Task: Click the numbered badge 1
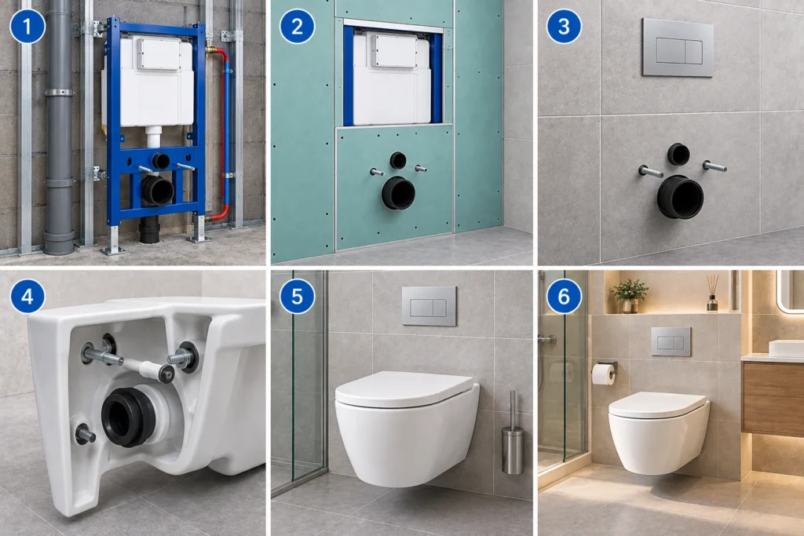[27, 26]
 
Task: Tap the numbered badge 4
[27, 296]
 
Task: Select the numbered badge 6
[564, 296]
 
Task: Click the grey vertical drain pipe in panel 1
[59, 128]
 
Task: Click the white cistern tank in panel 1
[148, 82]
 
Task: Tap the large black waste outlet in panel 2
[398, 193]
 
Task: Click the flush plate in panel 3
[678, 47]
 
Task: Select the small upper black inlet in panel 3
[678, 154]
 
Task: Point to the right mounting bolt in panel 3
[714, 166]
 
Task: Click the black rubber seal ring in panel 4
[128, 416]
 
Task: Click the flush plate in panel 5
[429, 306]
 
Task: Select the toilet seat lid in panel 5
[404, 389]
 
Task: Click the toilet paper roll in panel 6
[604, 374]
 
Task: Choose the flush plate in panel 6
[671, 342]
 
